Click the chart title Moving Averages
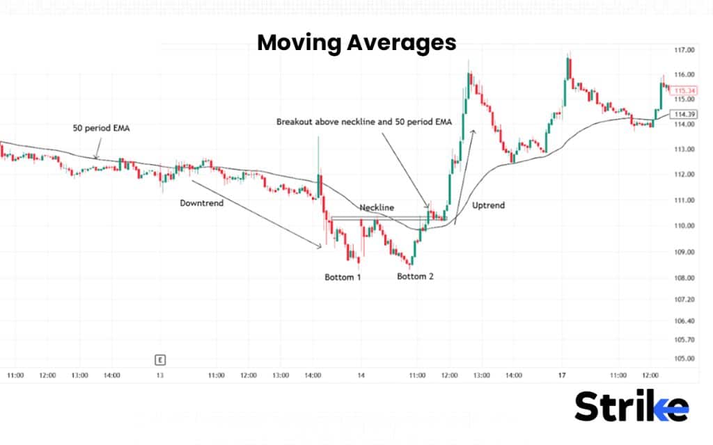pos(356,43)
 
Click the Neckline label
pos(377,207)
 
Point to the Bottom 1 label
pos(343,277)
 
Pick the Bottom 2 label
pos(416,277)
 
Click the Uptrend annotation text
pos(488,206)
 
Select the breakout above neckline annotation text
pos(364,122)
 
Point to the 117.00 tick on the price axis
pos(685,50)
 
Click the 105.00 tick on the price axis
pos(685,359)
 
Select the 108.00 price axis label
pos(685,277)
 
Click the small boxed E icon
pos(160,359)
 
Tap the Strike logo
pos(631,407)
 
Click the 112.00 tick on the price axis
pos(685,175)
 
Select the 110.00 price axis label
pos(685,226)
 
